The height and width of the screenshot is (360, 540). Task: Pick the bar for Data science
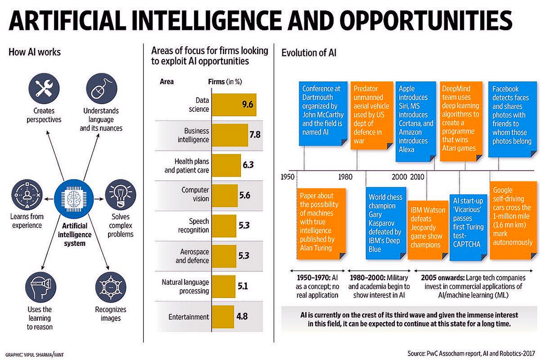[x=234, y=105]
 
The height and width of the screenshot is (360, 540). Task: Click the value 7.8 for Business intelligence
[x=255, y=135]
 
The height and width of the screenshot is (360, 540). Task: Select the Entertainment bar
[x=223, y=316]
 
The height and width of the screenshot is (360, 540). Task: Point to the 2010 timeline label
[x=418, y=176]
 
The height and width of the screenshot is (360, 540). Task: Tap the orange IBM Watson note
[x=427, y=228]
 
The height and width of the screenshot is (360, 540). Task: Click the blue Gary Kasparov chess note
[x=385, y=222]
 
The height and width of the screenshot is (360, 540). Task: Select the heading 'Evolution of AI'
[x=309, y=53]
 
